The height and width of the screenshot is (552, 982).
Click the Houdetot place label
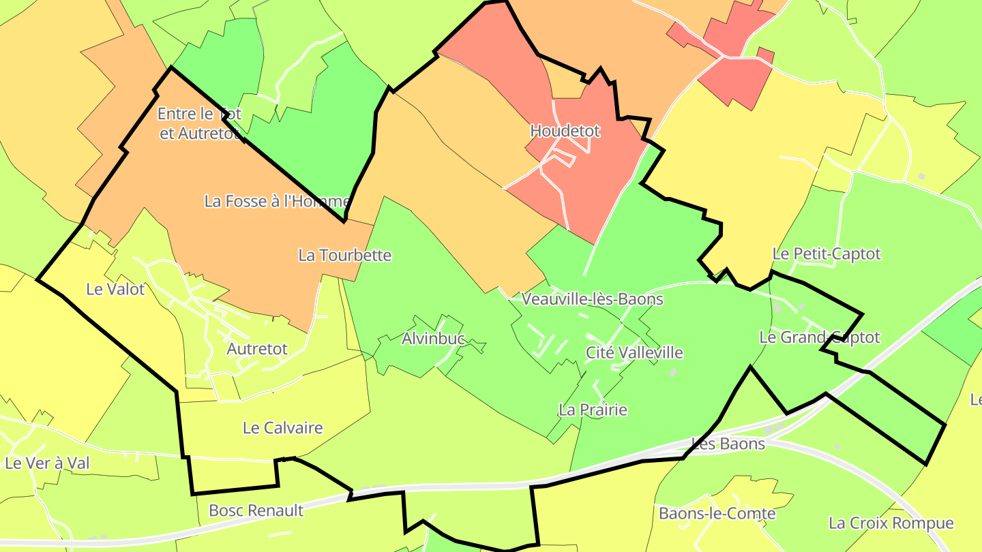point(565,131)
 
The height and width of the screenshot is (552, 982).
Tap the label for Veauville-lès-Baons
point(592,298)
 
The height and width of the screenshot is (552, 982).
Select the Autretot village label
point(257,349)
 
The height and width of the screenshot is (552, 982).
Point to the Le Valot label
point(115,289)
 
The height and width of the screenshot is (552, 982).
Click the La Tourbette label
point(345,256)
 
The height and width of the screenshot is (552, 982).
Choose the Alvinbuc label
point(433,339)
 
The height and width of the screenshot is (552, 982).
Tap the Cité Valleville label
point(634,352)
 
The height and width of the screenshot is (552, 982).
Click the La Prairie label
point(593,410)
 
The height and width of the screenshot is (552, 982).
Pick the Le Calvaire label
point(282,428)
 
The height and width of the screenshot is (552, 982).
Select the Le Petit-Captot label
point(827,254)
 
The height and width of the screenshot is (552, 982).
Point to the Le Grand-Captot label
point(819,337)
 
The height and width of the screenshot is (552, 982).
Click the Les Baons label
point(728,444)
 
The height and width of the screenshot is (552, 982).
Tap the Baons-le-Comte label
point(717,513)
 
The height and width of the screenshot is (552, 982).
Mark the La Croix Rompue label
point(891,523)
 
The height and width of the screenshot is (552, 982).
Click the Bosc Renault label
point(256,510)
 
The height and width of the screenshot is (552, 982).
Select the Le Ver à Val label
point(47,463)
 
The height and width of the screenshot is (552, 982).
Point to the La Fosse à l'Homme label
point(277,202)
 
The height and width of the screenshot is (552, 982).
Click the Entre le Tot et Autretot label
point(199,123)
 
